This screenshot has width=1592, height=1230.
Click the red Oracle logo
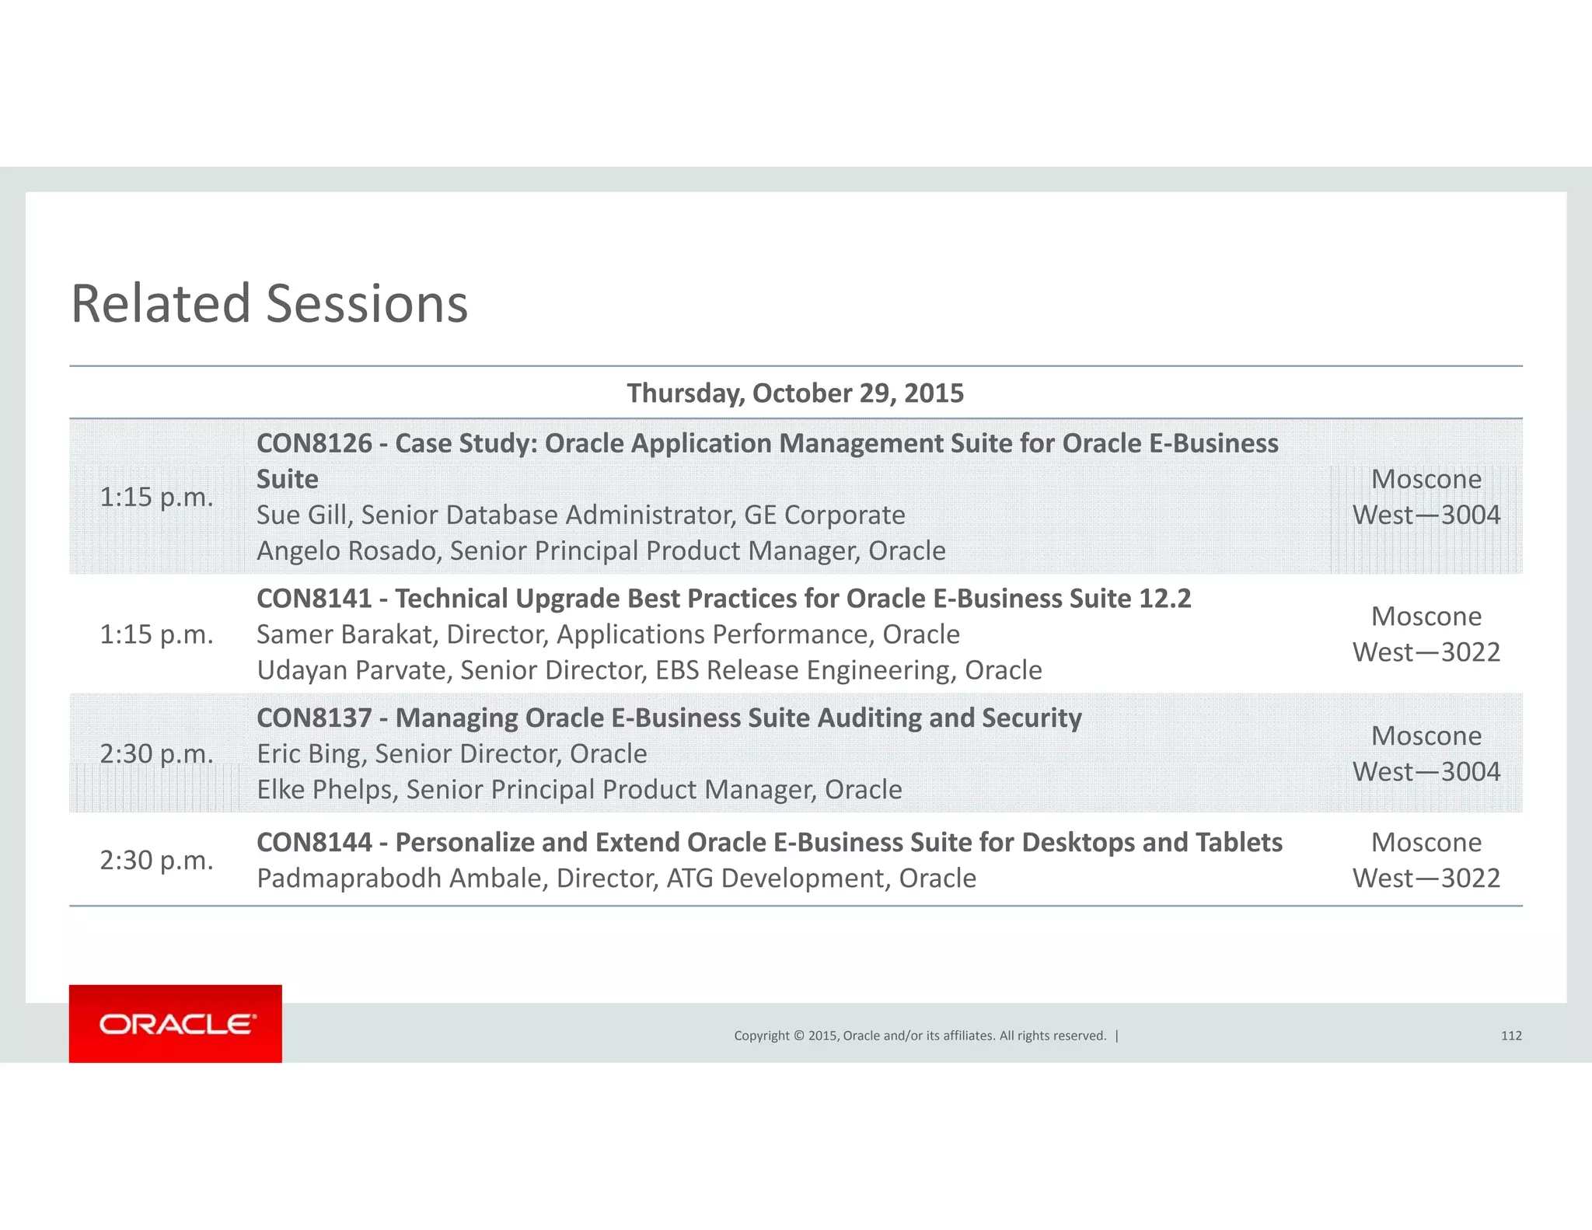pyautogui.click(x=176, y=1023)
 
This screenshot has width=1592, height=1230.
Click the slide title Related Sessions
pyautogui.click(x=269, y=303)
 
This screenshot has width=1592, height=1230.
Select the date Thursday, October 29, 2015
pyautogui.click(x=795, y=393)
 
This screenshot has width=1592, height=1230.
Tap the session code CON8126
pyautogui.click(x=314, y=443)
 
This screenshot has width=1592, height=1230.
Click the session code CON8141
pyautogui.click(x=314, y=599)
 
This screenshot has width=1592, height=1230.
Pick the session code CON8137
pyautogui.click(x=314, y=718)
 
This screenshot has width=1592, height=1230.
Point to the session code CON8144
pyautogui.click(x=314, y=843)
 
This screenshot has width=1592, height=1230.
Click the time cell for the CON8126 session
pyautogui.click(x=156, y=497)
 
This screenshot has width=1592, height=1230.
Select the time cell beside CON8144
pyautogui.click(x=156, y=861)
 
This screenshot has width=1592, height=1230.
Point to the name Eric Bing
pyautogui.click(x=308, y=754)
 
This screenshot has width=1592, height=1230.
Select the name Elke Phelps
pyautogui.click(x=323, y=790)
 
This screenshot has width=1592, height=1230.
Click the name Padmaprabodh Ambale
pyautogui.click(x=402, y=879)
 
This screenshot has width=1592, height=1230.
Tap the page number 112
pyautogui.click(x=1510, y=1036)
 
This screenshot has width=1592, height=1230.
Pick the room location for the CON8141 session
pyautogui.click(x=1426, y=634)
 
